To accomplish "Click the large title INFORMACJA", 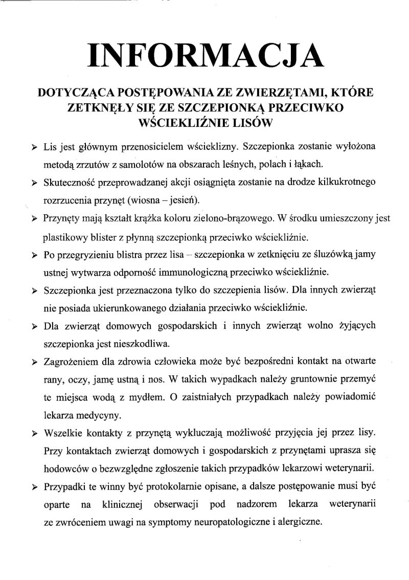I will (x=206, y=55).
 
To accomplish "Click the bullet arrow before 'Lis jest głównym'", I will (x=34, y=147).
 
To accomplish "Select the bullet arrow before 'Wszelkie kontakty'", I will (x=34, y=433).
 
